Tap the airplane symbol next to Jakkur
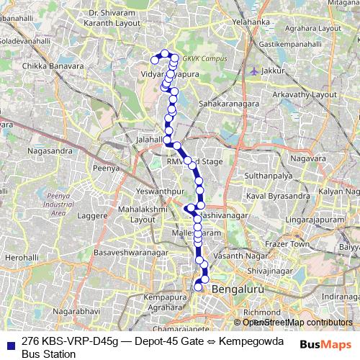coord(253,71)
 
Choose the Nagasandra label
coord(49,151)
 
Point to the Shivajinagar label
coord(267,270)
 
